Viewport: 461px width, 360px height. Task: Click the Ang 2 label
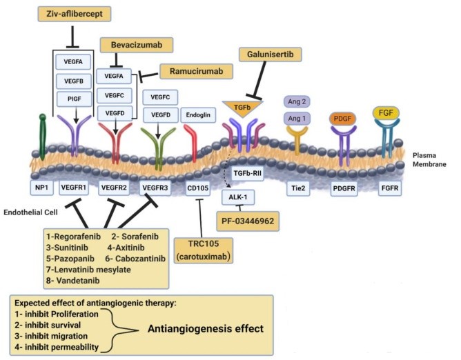coord(298,101)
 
